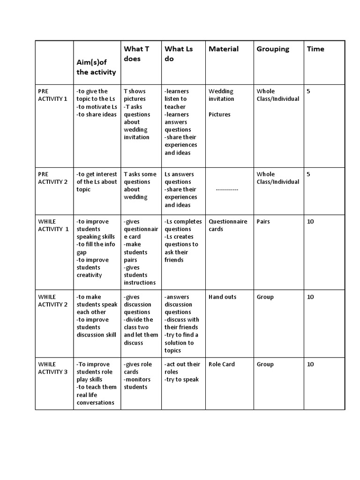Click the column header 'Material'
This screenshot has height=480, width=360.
(224, 49)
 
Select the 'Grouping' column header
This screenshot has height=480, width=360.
(273, 49)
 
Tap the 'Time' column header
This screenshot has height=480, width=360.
(315, 49)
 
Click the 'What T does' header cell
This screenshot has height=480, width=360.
(136, 54)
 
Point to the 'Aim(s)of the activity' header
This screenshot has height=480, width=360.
(96, 67)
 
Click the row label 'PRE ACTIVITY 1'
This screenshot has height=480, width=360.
(52, 95)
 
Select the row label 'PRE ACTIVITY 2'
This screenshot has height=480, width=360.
(52, 178)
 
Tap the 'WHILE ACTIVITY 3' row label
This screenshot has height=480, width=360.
(52, 368)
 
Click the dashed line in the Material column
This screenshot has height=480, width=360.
(227, 189)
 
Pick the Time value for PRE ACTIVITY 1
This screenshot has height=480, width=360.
(308, 91)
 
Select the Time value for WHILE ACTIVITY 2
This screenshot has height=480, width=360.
(310, 297)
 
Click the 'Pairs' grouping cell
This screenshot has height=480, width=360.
(263, 221)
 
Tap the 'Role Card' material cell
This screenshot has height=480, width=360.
(222, 364)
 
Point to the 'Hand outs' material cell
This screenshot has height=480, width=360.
(223, 297)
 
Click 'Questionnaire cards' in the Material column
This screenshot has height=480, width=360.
(228, 225)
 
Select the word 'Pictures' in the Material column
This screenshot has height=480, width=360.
(219, 114)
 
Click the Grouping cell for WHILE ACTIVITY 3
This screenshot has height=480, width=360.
(265, 364)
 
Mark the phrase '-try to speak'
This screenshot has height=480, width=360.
(182, 379)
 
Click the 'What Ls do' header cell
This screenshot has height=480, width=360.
(179, 54)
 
